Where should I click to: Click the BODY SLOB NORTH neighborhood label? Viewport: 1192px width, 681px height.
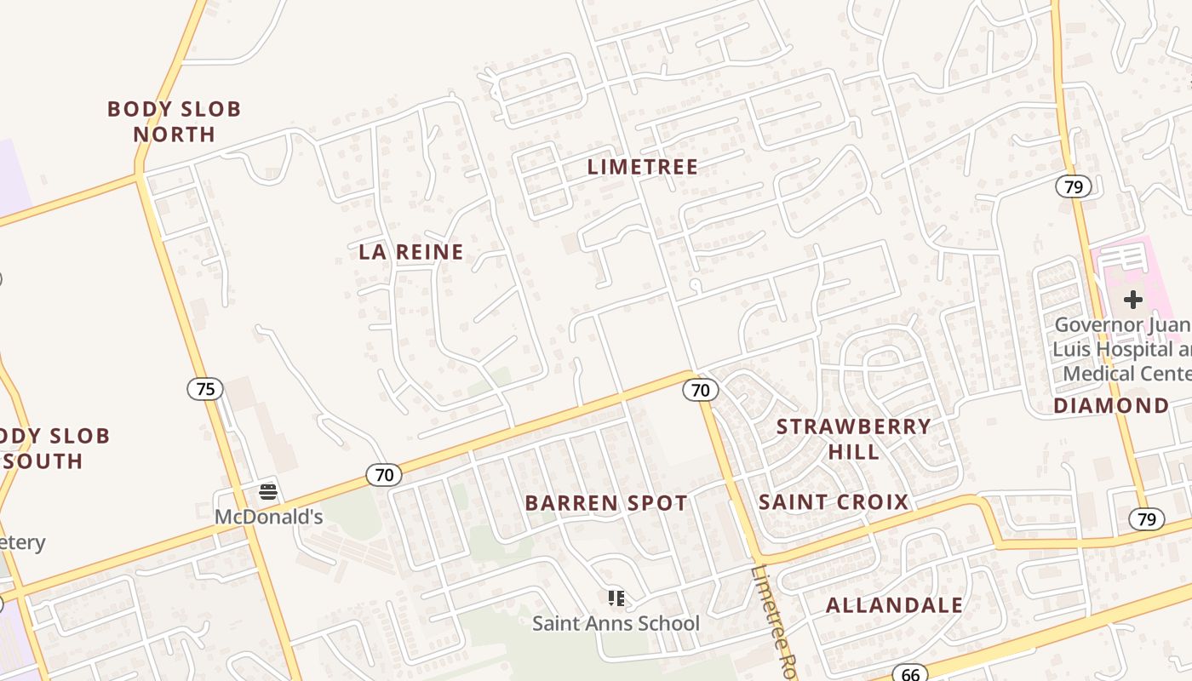[x=174, y=122]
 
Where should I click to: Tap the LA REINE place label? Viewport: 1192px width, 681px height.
[x=411, y=252]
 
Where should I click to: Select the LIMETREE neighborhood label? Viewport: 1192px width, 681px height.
[x=643, y=167]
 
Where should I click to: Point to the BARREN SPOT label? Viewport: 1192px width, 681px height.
[x=606, y=503]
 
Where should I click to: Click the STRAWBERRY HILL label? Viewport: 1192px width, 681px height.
[x=854, y=438]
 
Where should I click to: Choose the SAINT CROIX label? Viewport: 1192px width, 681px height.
[x=834, y=502]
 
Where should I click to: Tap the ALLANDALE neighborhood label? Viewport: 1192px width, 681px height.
[x=895, y=605]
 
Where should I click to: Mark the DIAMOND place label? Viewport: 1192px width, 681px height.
[x=1110, y=406]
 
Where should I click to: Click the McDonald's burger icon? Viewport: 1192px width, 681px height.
[x=268, y=492]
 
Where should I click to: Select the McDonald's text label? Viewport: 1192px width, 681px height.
[x=268, y=517]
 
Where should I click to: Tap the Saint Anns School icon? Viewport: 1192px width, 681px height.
[x=616, y=598]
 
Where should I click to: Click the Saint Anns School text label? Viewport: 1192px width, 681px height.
[x=616, y=624]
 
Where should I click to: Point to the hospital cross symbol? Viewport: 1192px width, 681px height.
[x=1132, y=300]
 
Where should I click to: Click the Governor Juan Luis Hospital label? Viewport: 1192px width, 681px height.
[x=1122, y=349]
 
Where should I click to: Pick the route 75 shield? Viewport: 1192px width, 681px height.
[x=205, y=389]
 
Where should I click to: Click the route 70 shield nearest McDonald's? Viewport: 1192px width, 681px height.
[x=384, y=475]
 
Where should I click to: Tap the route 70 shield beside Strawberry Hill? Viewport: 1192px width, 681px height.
[x=700, y=390]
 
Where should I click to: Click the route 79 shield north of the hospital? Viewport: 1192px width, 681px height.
[x=1074, y=186]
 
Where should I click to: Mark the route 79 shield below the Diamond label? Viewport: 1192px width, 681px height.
[x=1147, y=518]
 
